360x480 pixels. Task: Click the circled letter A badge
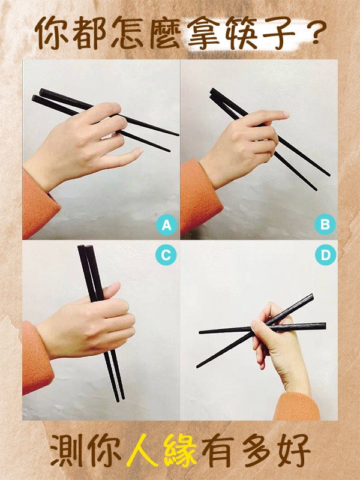click(167, 225)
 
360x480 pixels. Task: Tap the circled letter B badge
click(325, 224)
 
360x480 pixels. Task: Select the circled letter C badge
click(166, 254)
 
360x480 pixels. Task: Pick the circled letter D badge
click(325, 254)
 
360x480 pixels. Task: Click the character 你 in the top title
click(52, 33)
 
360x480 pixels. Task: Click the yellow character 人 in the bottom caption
click(142, 449)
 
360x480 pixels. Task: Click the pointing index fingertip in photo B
click(284, 114)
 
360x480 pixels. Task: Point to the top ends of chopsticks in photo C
click(85, 247)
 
